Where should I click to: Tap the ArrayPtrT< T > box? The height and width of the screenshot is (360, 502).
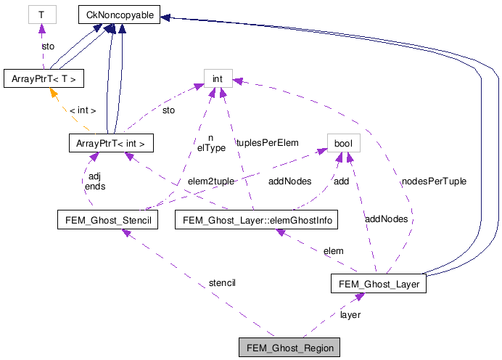click(x=44, y=78)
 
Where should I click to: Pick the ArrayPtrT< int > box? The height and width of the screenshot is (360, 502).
click(x=111, y=144)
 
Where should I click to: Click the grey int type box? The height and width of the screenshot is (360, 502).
click(x=217, y=78)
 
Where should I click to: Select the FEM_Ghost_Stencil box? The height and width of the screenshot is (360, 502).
click(x=107, y=218)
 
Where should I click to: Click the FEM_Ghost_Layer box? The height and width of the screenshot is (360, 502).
click(x=377, y=284)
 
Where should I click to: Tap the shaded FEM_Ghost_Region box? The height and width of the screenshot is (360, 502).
click(x=290, y=348)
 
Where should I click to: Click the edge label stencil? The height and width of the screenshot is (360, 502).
click(x=222, y=282)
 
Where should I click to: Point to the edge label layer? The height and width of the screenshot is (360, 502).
click(x=350, y=314)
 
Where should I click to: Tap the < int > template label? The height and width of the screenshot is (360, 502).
click(x=82, y=110)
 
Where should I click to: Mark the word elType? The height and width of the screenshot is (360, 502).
click(x=211, y=147)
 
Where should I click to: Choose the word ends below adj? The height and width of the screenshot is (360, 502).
click(x=94, y=186)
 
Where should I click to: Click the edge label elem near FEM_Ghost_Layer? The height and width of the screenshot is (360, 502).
click(x=334, y=250)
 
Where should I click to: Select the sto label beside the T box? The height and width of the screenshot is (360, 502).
click(x=48, y=45)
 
